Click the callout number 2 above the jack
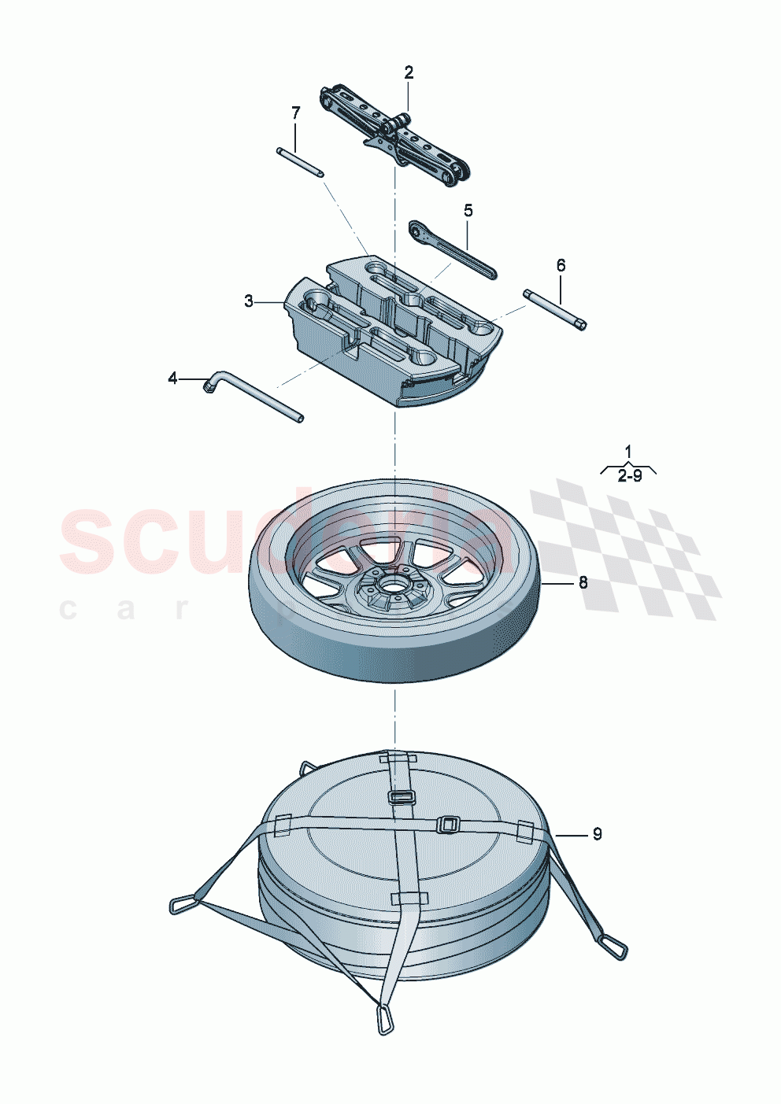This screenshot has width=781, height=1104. click(409, 72)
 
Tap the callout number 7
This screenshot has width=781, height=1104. click(296, 113)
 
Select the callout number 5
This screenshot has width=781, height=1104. click(468, 210)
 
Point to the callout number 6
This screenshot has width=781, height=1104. click(561, 265)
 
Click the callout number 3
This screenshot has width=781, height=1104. click(249, 301)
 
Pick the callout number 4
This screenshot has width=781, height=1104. click(173, 378)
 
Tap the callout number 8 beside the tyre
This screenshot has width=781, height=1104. click(583, 583)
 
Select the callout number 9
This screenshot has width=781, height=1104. click(597, 834)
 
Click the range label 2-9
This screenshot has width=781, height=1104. click(629, 476)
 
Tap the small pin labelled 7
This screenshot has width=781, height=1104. click(300, 161)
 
